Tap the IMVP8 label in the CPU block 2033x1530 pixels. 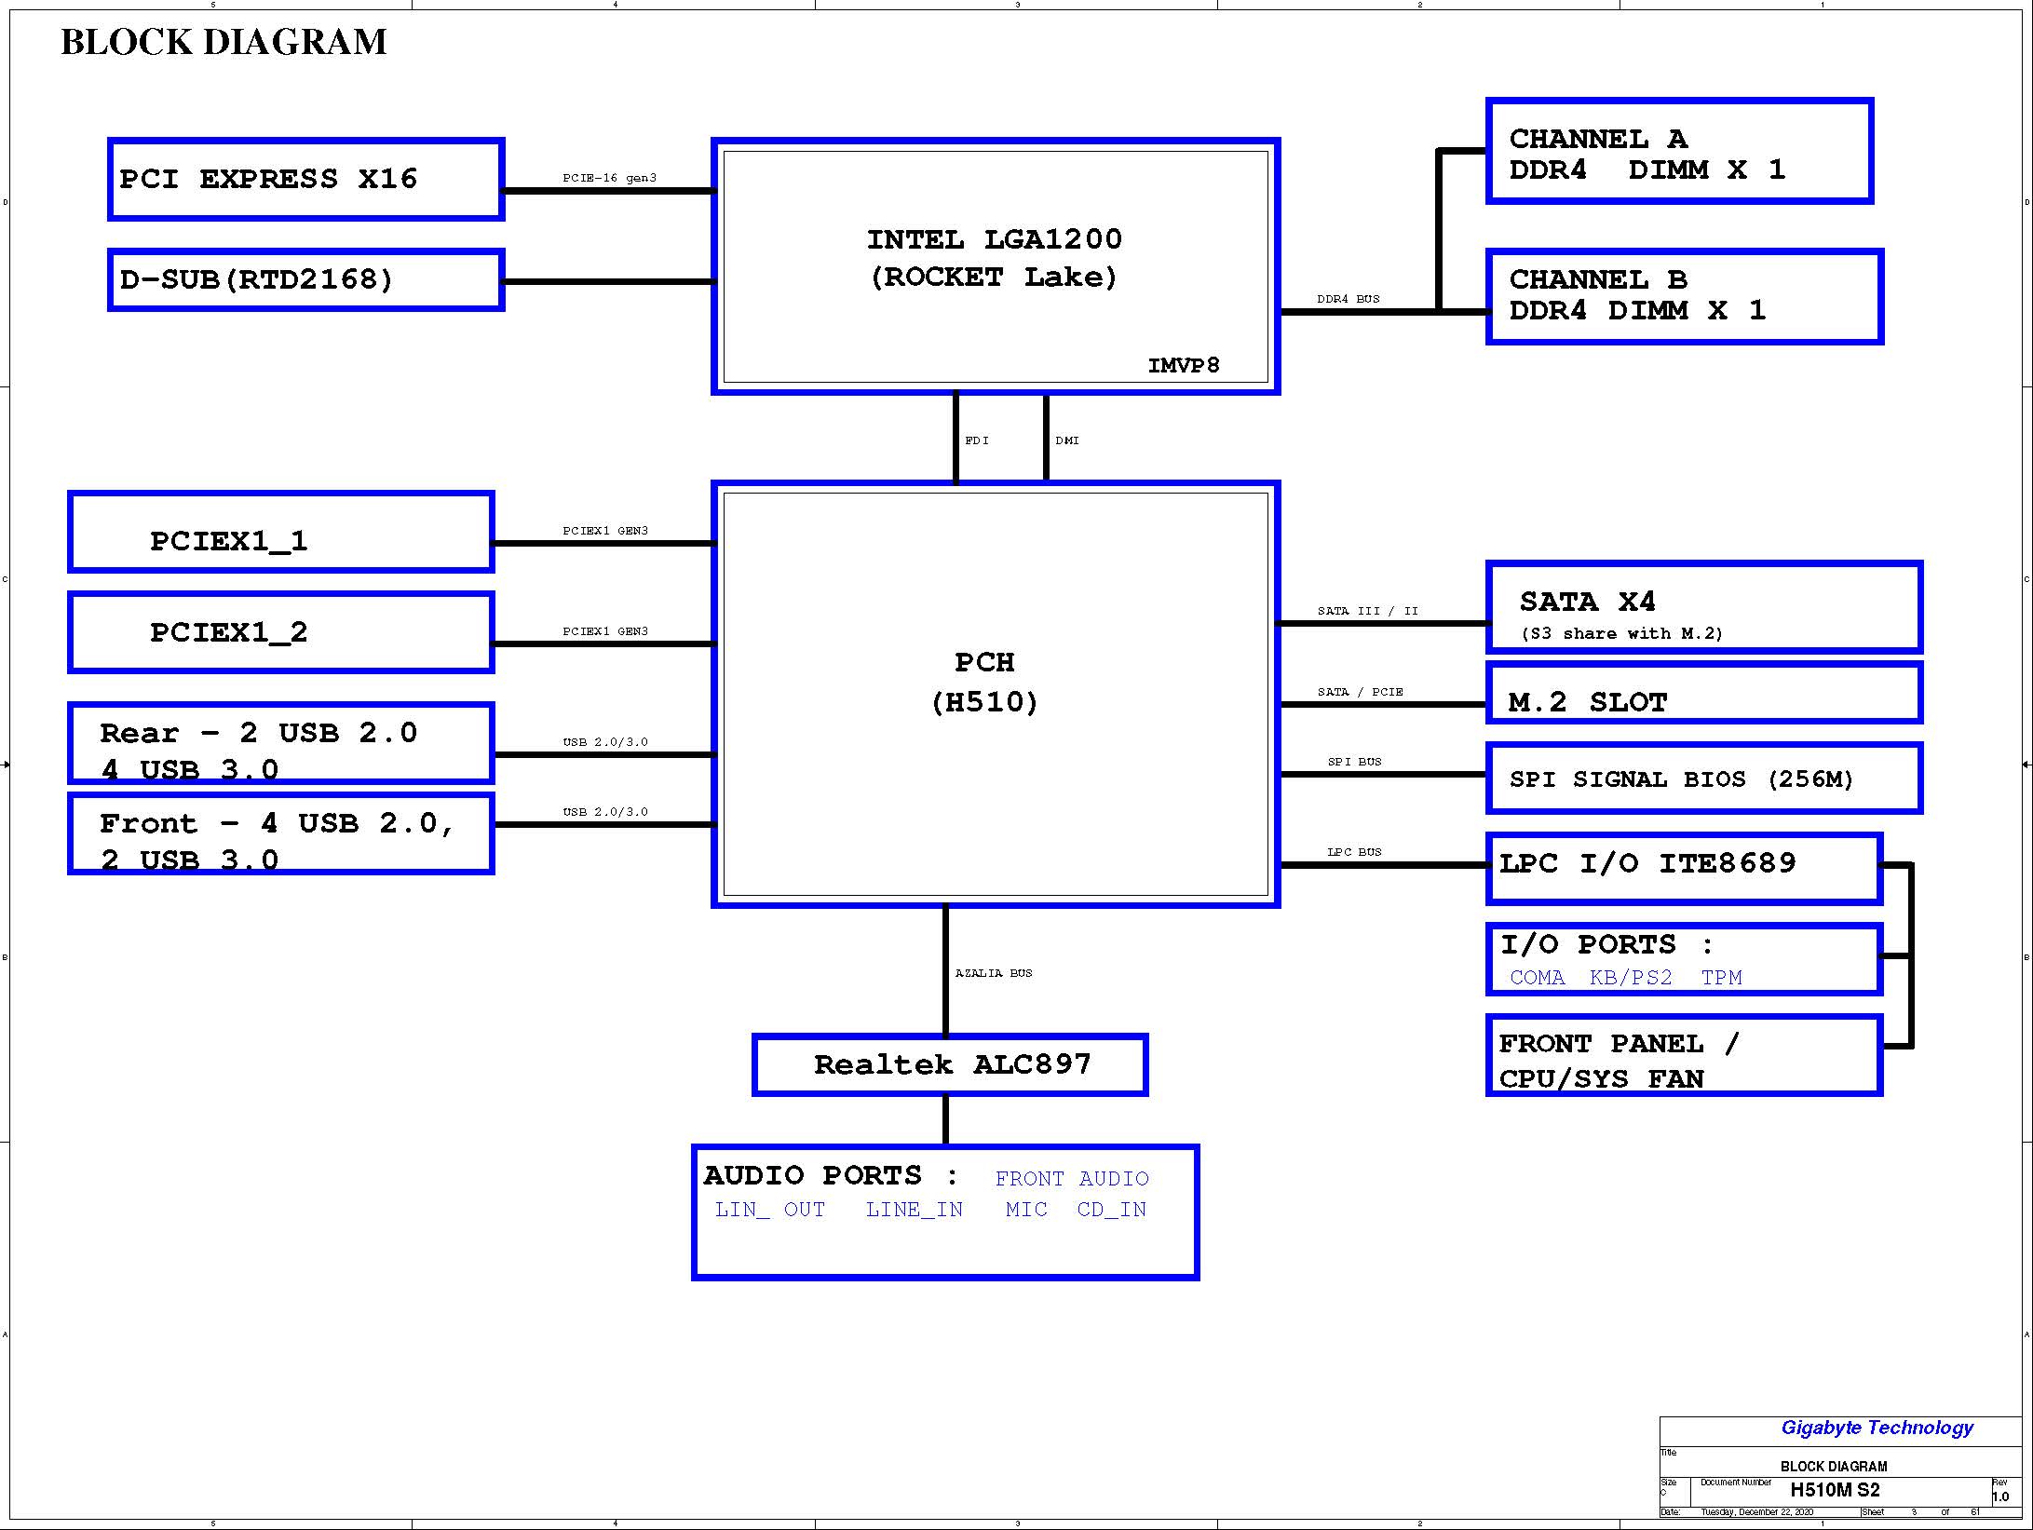coord(1184,365)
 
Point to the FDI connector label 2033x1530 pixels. coord(977,440)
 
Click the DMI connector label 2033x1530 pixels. coord(1067,440)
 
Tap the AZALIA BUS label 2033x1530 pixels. coord(994,973)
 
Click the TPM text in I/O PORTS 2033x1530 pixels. coord(1721,978)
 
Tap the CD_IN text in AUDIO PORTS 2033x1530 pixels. coord(1112,1210)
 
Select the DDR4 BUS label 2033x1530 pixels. coord(1349,299)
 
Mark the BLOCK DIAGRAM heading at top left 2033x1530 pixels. coord(224,42)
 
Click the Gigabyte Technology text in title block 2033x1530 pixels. coord(1877,1428)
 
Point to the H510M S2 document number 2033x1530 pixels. coord(1835,1490)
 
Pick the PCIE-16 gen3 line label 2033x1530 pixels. coord(609,178)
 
